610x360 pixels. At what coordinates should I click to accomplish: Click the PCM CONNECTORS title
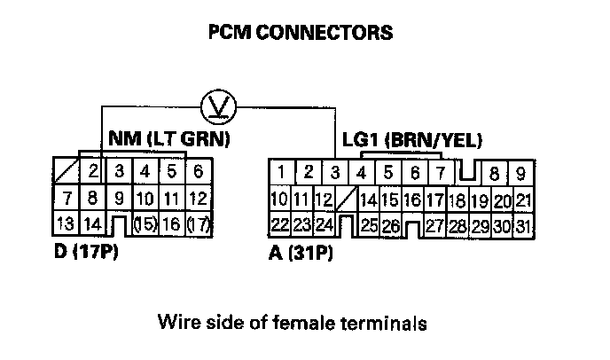(300, 33)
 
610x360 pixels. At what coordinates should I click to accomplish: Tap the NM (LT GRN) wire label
(168, 138)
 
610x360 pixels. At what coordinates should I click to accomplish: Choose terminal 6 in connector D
(198, 171)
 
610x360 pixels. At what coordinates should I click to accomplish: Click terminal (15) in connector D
(145, 225)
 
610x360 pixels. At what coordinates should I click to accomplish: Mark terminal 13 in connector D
(66, 225)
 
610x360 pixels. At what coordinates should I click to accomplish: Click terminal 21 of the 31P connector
(524, 200)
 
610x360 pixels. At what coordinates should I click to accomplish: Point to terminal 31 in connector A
(524, 227)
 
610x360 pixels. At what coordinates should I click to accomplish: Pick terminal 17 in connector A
(434, 200)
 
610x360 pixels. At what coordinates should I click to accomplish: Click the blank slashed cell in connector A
(348, 200)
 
